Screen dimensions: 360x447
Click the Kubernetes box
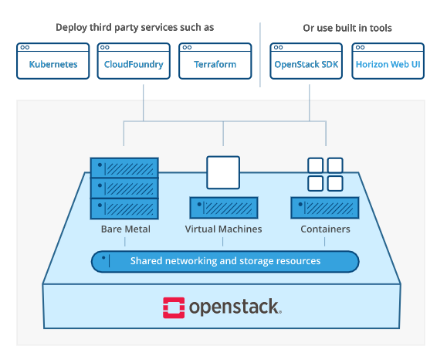pos(53,61)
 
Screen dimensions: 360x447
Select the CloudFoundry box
pos(134,61)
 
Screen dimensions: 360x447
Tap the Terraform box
pos(215,61)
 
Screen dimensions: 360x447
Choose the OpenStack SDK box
pos(306,61)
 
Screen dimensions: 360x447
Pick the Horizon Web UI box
pos(388,61)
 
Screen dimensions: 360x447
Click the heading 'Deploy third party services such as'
pos(134,28)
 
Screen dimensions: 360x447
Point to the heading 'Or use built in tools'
pos(347,28)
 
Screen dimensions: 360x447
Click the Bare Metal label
pos(125,229)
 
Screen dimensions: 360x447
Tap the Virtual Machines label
pos(223,229)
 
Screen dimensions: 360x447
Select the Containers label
pos(325,229)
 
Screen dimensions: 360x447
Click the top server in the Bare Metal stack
pos(124,168)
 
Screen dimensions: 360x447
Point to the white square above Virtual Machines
pos(223,172)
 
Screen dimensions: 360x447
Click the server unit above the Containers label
pos(325,208)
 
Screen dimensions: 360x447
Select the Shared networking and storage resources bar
pos(225,261)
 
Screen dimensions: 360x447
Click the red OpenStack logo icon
pos(174,307)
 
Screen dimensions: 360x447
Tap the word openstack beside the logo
pos(235,307)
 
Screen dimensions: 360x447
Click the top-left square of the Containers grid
pos(316,165)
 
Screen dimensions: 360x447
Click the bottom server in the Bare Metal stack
pos(124,209)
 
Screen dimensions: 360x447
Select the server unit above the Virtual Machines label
pos(223,208)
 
